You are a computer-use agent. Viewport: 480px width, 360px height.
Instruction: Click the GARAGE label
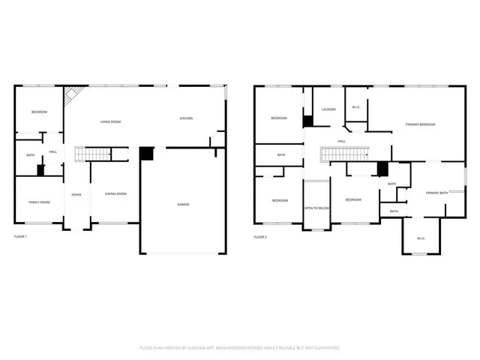(x=183, y=205)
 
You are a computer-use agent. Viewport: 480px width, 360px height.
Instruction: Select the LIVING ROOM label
(x=111, y=121)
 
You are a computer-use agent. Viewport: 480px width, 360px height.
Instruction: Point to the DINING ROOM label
(x=115, y=194)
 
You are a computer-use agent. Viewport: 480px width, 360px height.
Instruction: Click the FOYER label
(x=76, y=194)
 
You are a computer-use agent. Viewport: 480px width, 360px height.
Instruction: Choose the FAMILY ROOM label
(x=39, y=202)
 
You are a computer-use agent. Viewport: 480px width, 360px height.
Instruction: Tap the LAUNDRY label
(x=328, y=109)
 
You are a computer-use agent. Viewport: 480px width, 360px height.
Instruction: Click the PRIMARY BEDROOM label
(x=420, y=124)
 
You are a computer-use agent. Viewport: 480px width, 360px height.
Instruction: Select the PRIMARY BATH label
(x=436, y=193)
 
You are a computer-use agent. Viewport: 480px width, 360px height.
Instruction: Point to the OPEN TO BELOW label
(x=316, y=208)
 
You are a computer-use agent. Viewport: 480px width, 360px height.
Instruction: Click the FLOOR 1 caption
(x=20, y=237)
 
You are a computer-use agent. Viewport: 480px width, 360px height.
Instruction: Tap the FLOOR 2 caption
(x=260, y=237)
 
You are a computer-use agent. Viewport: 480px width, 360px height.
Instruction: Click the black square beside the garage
(x=146, y=153)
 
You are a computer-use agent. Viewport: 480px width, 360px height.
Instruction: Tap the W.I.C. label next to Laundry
(x=355, y=107)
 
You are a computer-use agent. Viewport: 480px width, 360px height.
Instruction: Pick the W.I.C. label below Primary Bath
(x=421, y=238)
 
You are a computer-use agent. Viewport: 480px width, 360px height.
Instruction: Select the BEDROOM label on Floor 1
(x=39, y=112)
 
